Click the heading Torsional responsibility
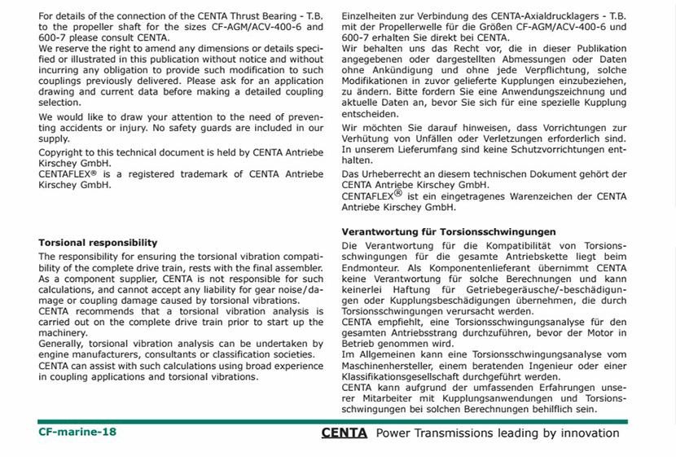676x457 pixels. pos(98,243)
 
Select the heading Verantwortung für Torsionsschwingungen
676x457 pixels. pos(449,232)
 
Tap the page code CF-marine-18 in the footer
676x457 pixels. pos(77,432)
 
